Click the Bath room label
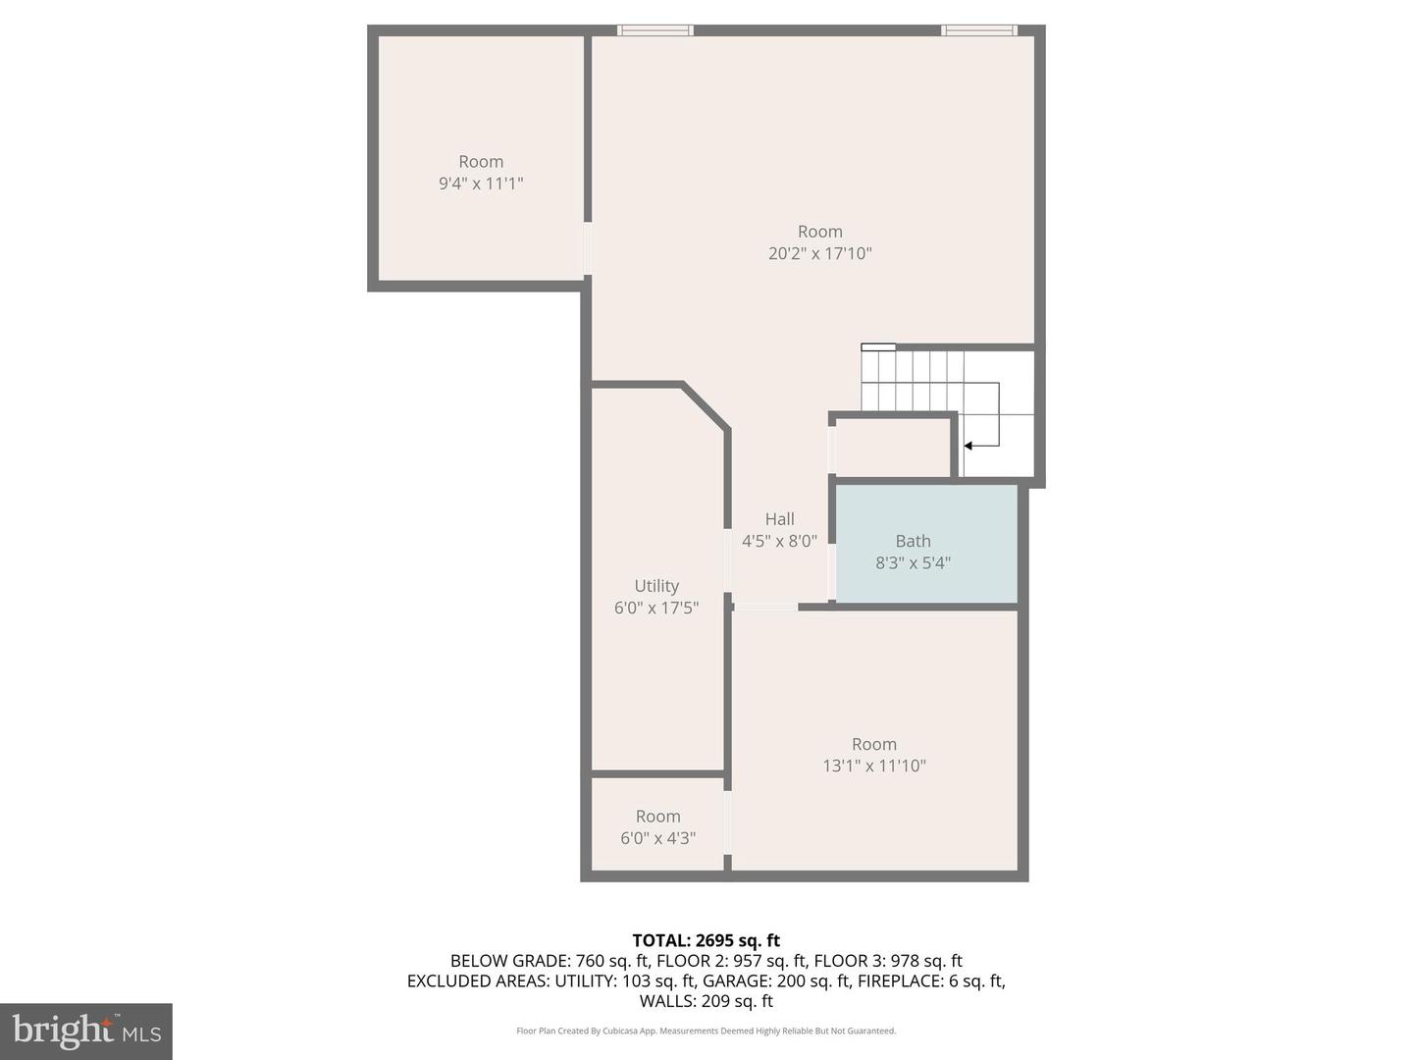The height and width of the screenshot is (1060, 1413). tap(913, 541)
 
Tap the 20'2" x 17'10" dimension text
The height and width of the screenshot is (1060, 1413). tap(819, 253)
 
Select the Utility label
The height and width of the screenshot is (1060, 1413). tap(656, 586)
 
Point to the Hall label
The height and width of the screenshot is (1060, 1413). tap(779, 519)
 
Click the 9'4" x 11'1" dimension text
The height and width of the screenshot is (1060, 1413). tap(481, 184)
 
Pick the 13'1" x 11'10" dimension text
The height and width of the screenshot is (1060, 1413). tap(873, 766)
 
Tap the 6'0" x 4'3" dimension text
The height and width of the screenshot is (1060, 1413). tap(657, 838)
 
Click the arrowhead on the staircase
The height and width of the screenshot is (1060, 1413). tap(968, 446)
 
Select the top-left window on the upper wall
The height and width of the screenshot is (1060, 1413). tap(655, 30)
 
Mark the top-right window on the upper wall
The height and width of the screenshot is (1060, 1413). tap(979, 30)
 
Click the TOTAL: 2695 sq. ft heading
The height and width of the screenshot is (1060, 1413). tap(706, 940)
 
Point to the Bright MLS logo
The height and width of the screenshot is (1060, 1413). tap(86, 1031)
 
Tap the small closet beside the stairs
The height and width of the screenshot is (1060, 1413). tap(892, 449)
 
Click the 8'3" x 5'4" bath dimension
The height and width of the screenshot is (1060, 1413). tap(913, 563)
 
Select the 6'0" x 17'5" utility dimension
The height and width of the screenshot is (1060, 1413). tap(656, 609)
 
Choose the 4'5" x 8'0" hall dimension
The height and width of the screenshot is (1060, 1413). tap(779, 541)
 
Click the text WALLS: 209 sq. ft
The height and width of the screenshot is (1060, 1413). tap(706, 1001)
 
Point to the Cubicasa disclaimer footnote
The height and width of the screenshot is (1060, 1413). tap(706, 1031)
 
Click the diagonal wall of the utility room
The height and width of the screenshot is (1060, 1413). tap(706, 405)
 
